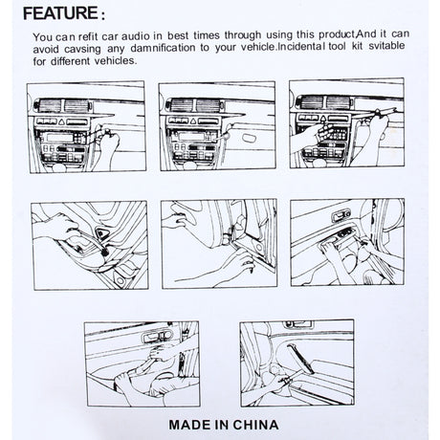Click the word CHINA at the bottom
coord(256,421)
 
